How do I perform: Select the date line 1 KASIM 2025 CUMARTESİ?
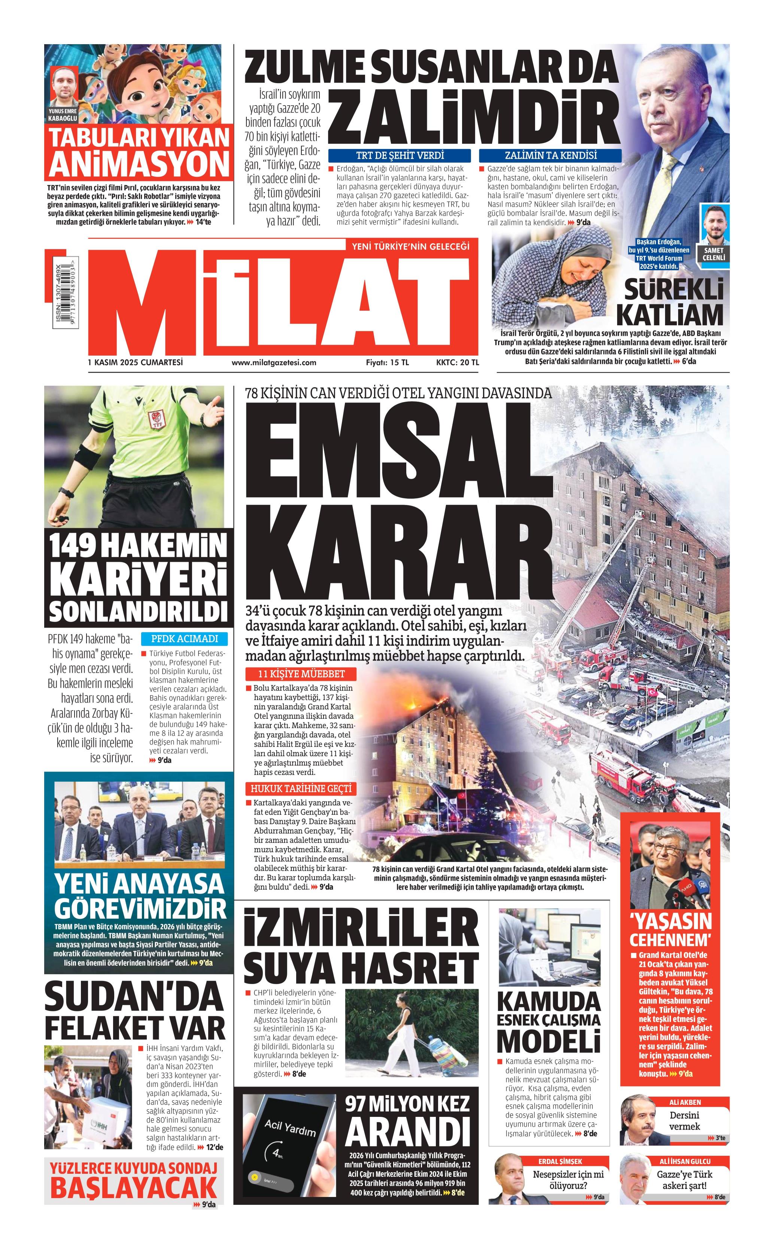pyautogui.click(x=136, y=363)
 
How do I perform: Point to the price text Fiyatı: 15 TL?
pyautogui.click(x=387, y=363)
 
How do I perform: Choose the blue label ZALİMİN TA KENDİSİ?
pyautogui.click(x=550, y=155)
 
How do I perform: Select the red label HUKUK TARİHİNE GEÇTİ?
pyautogui.click(x=301, y=788)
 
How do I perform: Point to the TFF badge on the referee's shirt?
pyautogui.click(x=154, y=420)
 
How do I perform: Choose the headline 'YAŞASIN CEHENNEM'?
pyautogui.click(x=671, y=929)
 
